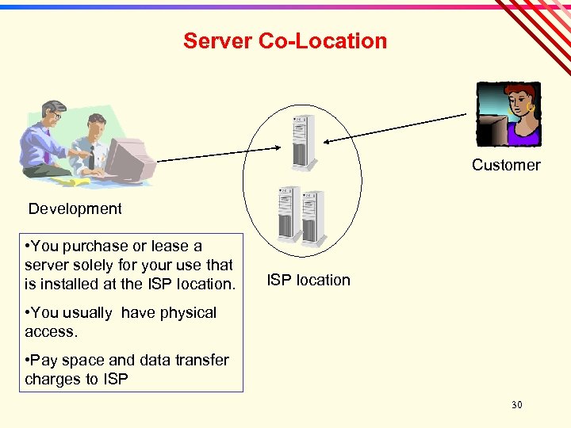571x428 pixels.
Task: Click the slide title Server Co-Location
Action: [285, 40]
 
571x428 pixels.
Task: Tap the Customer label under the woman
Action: [506, 165]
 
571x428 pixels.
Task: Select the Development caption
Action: [75, 208]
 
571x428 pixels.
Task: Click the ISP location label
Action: [308, 280]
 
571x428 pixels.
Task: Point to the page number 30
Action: [517, 405]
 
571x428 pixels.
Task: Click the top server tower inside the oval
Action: [303, 141]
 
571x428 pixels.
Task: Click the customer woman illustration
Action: [509, 114]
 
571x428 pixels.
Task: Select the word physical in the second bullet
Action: [188, 312]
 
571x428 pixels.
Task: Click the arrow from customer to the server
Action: [397, 128]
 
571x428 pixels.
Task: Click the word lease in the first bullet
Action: [172, 246]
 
